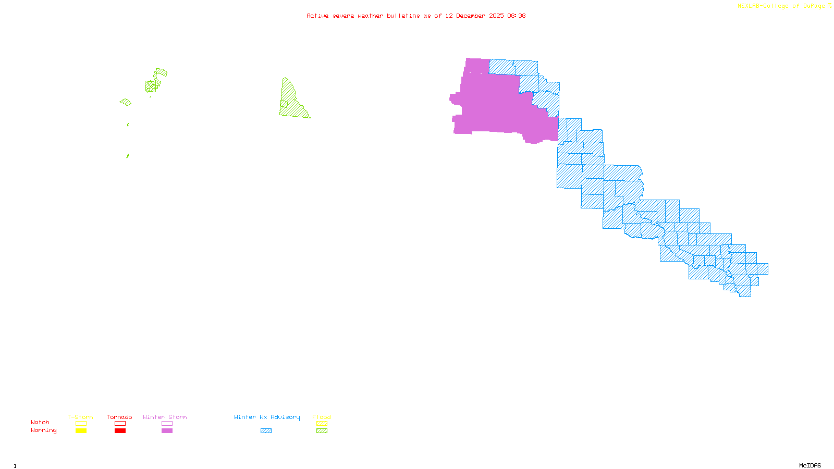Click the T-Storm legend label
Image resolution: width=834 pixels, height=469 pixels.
pos(80,417)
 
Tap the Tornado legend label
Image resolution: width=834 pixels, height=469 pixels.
pos(119,417)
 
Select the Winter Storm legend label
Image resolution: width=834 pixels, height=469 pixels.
pos(165,417)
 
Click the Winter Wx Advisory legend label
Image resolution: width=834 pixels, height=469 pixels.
pos(267,417)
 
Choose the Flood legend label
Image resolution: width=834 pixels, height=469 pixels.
pos(322,417)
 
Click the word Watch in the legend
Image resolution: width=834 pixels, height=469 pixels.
pos(40,422)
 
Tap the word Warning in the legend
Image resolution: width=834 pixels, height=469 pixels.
pos(44,430)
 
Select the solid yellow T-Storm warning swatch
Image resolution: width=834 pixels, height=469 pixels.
pos(81,431)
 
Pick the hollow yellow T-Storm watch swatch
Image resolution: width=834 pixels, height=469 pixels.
pos(81,424)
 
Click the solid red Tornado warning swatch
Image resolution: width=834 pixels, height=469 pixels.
pos(120,431)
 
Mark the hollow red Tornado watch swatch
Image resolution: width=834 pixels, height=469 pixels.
pos(120,424)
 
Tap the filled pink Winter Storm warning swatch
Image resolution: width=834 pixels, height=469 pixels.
pos(167,431)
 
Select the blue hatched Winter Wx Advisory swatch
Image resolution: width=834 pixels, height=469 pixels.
pos(266,431)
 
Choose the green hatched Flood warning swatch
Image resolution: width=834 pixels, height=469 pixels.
pos(322,431)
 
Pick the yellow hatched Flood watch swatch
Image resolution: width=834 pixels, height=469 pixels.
pos(322,424)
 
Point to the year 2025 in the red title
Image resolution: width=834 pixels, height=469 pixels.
pos(496,16)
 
